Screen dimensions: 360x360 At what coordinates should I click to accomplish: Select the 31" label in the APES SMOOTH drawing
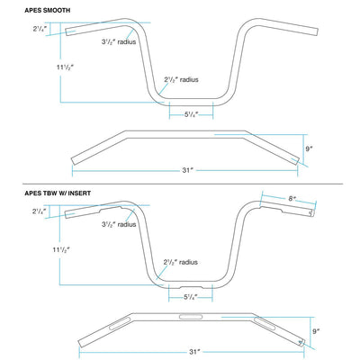[x=188, y=167]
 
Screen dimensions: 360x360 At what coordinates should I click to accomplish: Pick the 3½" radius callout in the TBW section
[x=119, y=224]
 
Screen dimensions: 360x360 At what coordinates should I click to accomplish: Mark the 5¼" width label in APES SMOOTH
[x=190, y=113]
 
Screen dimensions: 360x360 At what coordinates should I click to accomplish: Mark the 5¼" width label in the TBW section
[x=190, y=296]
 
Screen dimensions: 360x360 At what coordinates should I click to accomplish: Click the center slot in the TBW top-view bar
[x=191, y=317]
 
